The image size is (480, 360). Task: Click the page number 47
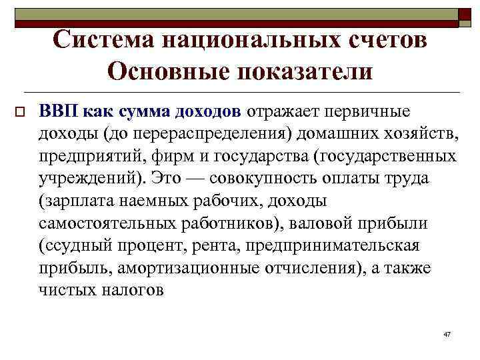pyautogui.click(x=447, y=333)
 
